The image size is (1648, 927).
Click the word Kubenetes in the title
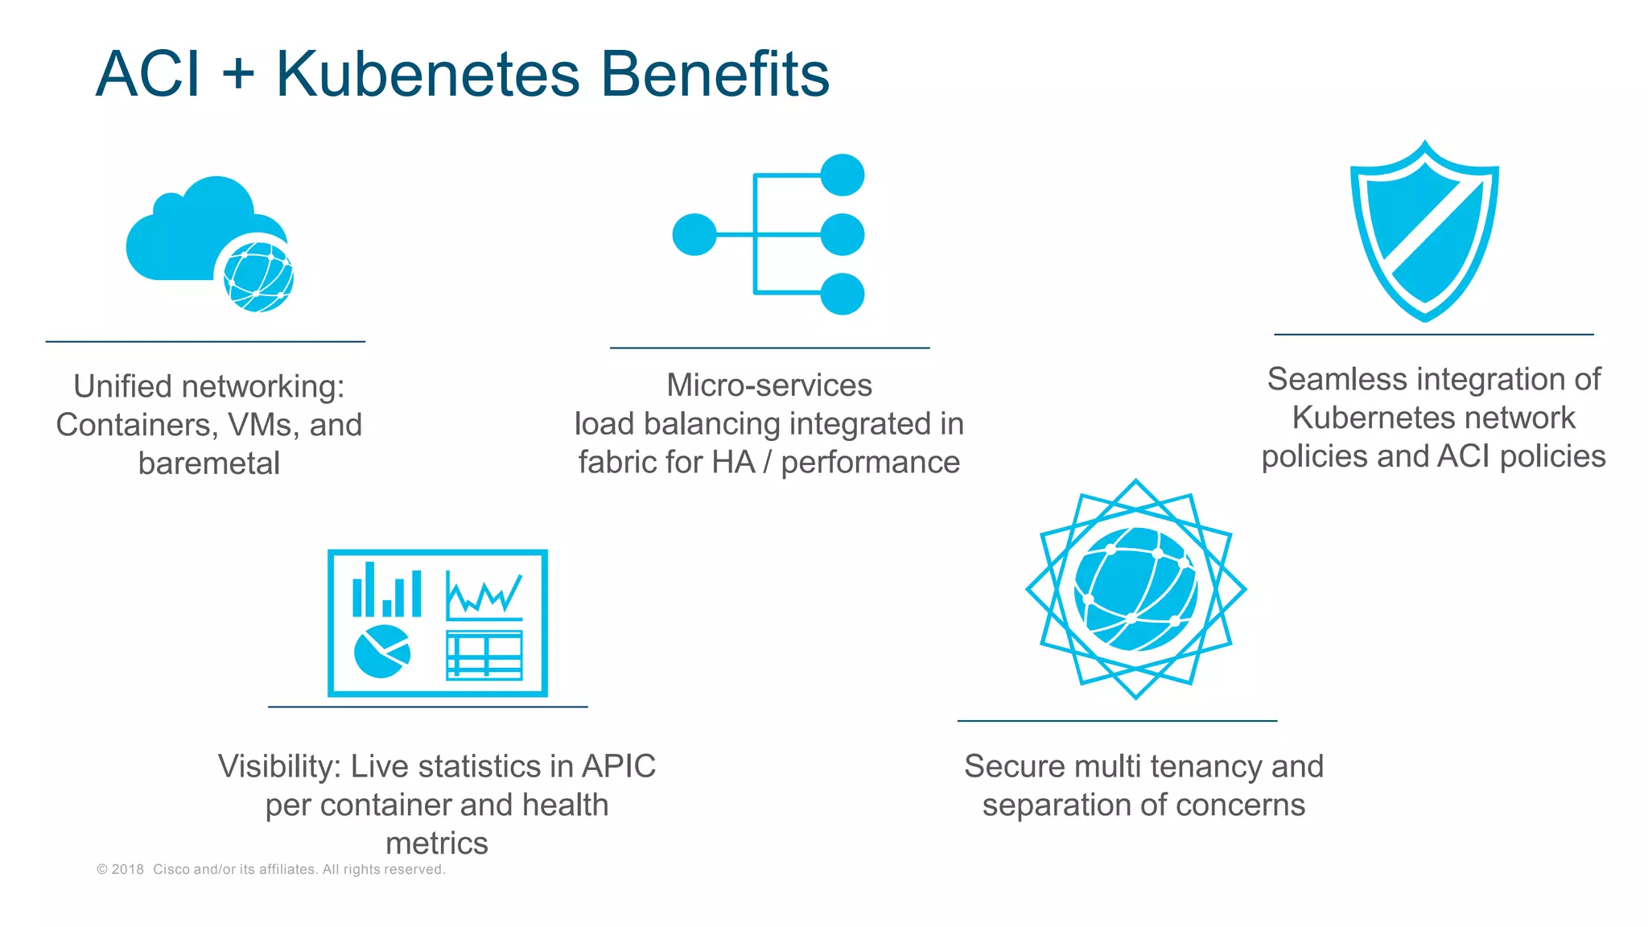pyautogui.click(x=427, y=74)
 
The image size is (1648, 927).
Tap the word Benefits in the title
pyautogui.click(x=715, y=74)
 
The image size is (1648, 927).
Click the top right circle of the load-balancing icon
pyautogui.click(x=843, y=175)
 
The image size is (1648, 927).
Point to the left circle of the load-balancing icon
pyautogui.click(x=694, y=234)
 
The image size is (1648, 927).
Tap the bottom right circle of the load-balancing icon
pyautogui.click(x=843, y=294)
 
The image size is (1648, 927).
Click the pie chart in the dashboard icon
pyautogui.click(x=381, y=651)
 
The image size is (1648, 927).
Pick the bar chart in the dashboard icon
pyautogui.click(x=387, y=591)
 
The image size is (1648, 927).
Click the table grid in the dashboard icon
pyautogui.click(x=484, y=655)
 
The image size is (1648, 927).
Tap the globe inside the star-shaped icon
pyautogui.click(x=1135, y=589)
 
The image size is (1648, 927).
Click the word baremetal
pyautogui.click(x=209, y=463)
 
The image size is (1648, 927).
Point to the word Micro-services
pyautogui.click(x=769, y=385)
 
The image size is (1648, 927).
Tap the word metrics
pyautogui.click(x=437, y=843)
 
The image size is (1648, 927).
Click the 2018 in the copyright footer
pyautogui.click(x=127, y=869)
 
